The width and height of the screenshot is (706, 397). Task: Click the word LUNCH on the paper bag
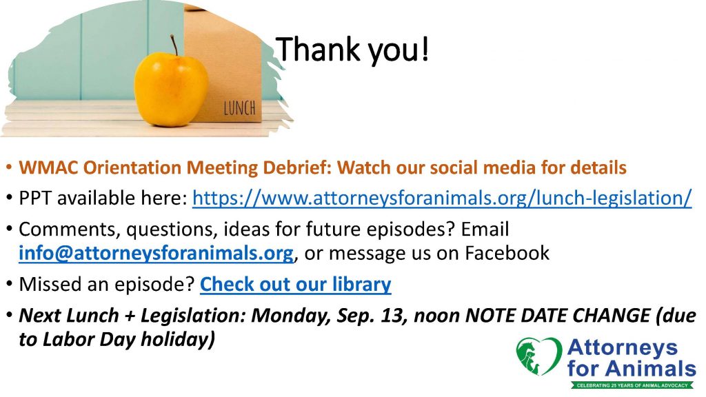(239, 108)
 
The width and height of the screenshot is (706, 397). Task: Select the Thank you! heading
(352, 50)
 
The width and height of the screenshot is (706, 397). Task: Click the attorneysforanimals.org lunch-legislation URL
(442, 198)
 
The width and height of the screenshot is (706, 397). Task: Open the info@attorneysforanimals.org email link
(157, 252)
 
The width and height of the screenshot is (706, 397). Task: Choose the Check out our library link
(295, 284)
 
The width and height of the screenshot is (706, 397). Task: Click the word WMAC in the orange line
(48, 167)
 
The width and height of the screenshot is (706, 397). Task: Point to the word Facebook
(507, 252)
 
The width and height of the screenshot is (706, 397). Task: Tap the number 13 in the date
(394, 315)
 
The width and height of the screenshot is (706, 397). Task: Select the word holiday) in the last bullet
(178, 339)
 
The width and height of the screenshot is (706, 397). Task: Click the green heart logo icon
(538, 356)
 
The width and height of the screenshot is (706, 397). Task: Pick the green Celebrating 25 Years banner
(633, 385)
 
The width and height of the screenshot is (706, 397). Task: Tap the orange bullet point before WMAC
(8, 168)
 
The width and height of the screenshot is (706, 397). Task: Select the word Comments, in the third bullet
(70, 230)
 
